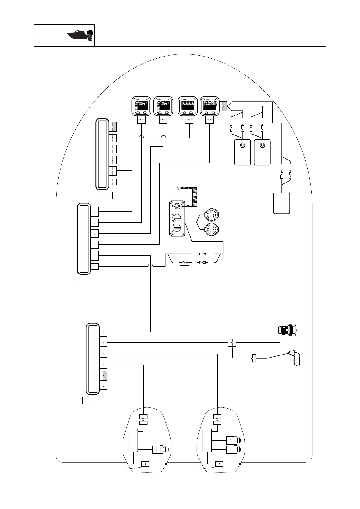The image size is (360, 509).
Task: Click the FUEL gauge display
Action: [x=188, y=106]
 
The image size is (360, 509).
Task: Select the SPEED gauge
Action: [x=210, y=106]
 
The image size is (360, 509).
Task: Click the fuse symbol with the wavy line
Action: [x=185, y=262]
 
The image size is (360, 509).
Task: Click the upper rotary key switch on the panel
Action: [x=177, y=217]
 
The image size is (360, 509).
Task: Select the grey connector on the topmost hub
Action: [x=113, y=126]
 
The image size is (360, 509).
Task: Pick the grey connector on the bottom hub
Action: [x=103, y=375]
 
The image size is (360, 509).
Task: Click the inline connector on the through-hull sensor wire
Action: [x=232, y=343]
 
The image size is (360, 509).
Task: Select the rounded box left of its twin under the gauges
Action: [x=243, y=152]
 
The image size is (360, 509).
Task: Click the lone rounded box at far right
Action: [x=281, y=203]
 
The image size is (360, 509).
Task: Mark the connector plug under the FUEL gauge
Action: [x=189, y=121]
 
